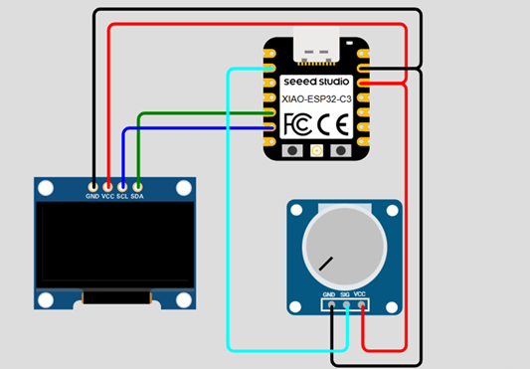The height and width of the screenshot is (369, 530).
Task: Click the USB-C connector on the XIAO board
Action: click(x=317, y=46)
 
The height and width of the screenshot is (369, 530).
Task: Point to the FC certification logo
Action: click(x=299, y=124)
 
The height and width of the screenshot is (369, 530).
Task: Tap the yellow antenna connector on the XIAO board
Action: click(x=317, y=151)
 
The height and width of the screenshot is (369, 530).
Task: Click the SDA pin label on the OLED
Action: click(x=138, y=197)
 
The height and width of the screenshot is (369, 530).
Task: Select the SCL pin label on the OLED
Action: click(x=122, y=197)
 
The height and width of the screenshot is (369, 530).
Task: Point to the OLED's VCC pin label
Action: click(x=107, y=197)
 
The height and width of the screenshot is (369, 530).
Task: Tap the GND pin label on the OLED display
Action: click(x=92, y=197)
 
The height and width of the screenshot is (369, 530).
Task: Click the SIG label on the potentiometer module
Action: click(x=345, y=294)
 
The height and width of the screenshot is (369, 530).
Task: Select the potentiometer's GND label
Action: click(x=329, y=294)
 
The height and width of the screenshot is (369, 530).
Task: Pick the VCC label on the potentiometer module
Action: click(x=361, y=294)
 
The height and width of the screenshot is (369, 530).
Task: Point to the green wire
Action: click(x=199, y=113)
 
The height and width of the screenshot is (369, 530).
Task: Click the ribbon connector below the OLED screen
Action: click(x=115, y=297)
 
